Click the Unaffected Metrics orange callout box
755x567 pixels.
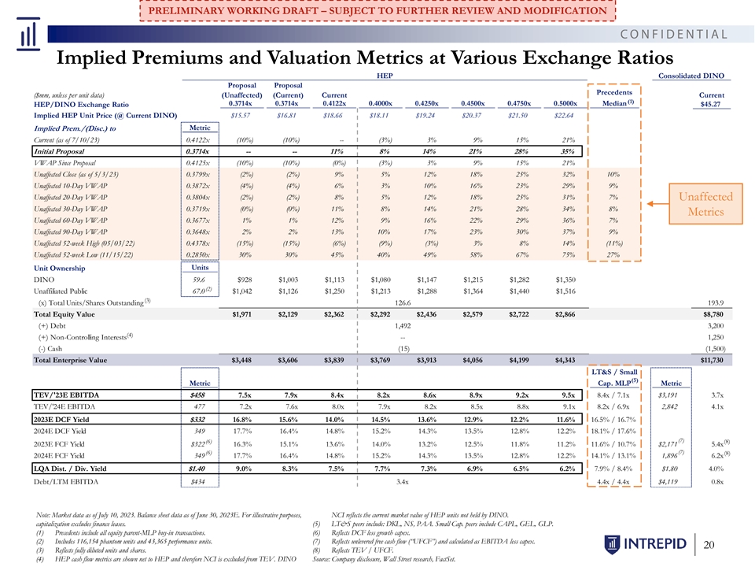705,204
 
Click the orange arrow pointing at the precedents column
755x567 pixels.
657,204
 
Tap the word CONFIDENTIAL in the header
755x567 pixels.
674,34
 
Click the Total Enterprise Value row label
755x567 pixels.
70,360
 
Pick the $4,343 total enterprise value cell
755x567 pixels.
565,360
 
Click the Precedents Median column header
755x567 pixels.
614,98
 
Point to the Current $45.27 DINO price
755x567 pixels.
711,99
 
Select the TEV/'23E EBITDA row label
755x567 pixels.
66,395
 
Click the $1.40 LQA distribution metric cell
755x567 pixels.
197,469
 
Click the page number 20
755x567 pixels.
709,545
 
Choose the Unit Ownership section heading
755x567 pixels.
59,268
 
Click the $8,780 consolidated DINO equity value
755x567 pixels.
713,314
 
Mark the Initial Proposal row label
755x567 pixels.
59,151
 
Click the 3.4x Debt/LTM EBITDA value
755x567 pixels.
403,482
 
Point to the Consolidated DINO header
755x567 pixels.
691,76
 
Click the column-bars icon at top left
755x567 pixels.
28,34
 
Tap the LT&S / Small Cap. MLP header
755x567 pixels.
614,377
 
